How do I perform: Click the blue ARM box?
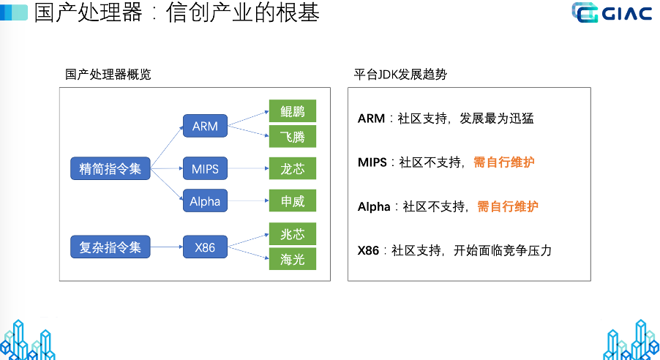tap(205, 126)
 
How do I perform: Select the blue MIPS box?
tap(205, 169)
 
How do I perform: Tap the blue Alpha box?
tap(205, 200)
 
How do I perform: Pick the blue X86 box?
tap(205, 247)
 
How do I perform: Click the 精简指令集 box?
tap(110, 169)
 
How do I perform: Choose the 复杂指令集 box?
tap(110, 247)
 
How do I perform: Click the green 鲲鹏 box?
tap(292, 110)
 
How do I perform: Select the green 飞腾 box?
tap(292, 137)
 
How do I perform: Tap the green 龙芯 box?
tap(292, 169)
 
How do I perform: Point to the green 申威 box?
tap(292, 200)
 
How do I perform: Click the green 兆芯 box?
tap(292, 234)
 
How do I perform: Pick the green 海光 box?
tap(292, 259)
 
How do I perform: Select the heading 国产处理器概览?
tap(108, 74)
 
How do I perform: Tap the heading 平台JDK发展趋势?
tap(400, 74)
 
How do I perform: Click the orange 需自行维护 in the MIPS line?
tap(504, 162)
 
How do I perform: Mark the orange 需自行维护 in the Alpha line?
tap(508, 207)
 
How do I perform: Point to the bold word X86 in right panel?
tap(369, 251)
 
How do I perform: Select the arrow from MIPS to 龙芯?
tap(248, 169)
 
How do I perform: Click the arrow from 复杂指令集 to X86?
tap(166, 247)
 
